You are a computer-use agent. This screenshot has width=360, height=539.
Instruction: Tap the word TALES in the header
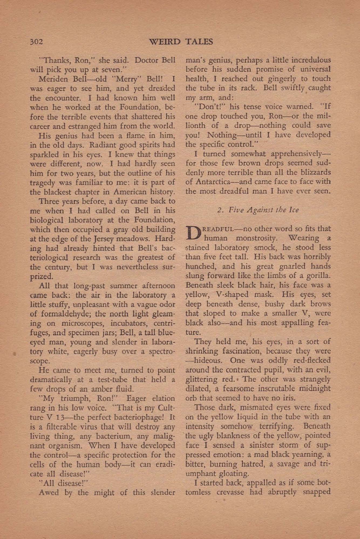tap(199, 42)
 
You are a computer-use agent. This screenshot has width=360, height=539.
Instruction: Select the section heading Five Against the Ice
tap(258, 210)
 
